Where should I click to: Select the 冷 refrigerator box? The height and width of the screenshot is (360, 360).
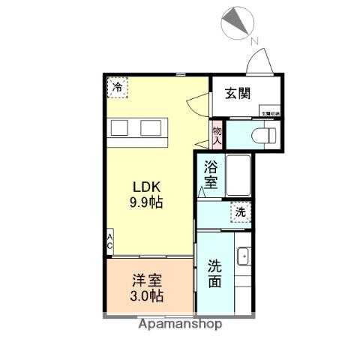pos(117,88)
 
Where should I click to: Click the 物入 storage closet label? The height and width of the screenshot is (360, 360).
pos(217,134)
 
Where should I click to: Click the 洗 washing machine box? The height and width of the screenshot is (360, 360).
pos(240,212)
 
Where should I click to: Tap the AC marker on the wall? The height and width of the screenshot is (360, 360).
pos(110,244)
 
